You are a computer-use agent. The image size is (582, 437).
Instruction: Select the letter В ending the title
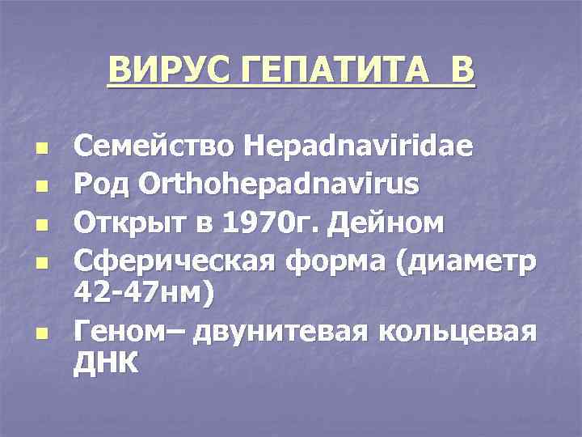462,70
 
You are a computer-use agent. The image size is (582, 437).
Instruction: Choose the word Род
99,185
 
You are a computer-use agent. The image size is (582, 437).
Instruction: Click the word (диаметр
465,261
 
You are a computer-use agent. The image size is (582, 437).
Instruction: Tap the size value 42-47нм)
145,293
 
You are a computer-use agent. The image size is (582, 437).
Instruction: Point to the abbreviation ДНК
106,363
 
